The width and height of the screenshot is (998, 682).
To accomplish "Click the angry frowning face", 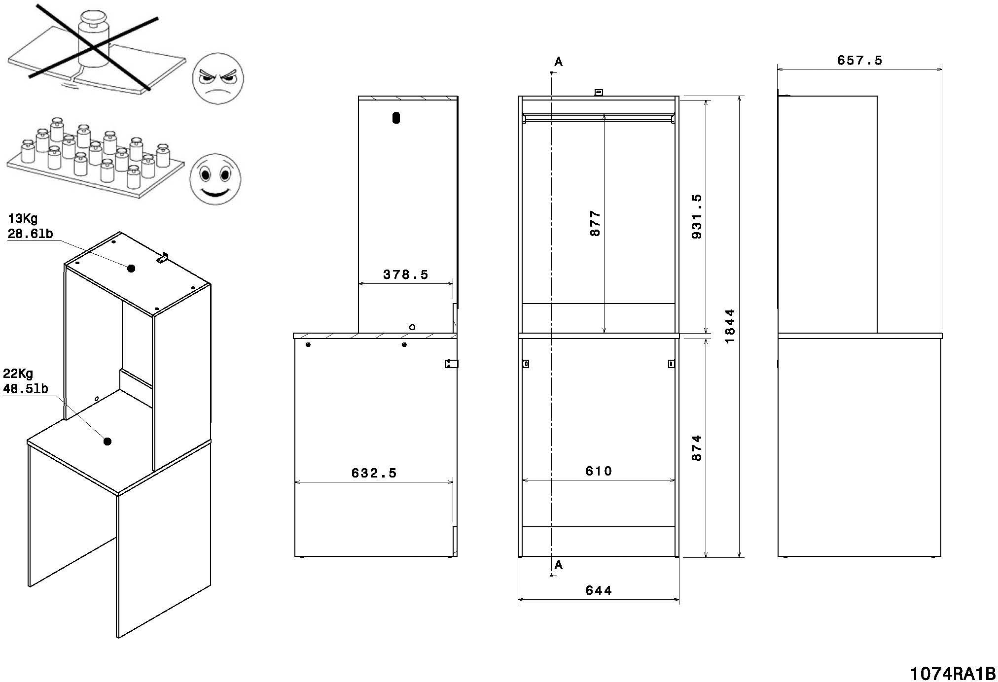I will pos(217,78).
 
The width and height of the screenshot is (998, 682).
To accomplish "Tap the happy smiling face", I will pos(215,179).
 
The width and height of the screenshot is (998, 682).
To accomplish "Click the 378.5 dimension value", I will pos(406,274).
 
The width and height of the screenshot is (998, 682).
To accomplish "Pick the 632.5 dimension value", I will pos(374,473).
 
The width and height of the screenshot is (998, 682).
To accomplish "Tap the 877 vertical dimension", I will pos(596,223).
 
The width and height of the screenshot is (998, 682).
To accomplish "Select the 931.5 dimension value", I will pos(697,216).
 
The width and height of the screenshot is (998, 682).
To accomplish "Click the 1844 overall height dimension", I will pos(730,326).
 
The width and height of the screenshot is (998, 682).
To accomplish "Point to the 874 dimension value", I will pos(697,447).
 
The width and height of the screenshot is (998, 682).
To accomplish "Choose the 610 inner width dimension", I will pos(599,471).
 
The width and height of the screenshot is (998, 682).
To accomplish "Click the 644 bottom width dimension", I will pos(599,590).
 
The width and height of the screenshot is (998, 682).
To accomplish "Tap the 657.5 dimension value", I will pos(859,60).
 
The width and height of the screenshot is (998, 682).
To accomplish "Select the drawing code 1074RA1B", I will pos(952,673).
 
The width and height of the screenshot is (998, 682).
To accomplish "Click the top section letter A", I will pos(558,62).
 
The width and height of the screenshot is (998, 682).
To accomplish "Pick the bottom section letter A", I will pos(558,565).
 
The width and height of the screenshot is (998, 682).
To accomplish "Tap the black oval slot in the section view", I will pos(396,118).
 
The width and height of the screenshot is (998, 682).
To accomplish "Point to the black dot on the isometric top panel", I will pos(131,268).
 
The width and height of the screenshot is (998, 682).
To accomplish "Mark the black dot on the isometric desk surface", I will pos(107,441).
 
